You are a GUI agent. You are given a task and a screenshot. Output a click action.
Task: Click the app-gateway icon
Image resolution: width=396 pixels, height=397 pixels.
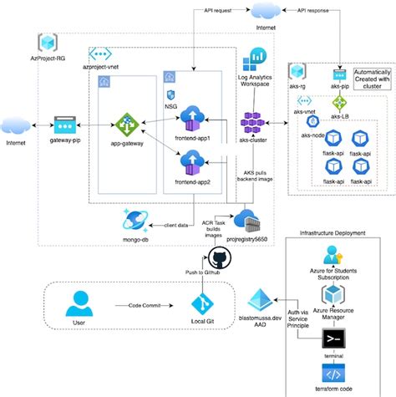coord(129,125)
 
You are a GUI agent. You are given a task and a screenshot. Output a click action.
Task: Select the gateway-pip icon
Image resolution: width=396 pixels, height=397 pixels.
coord(64,125)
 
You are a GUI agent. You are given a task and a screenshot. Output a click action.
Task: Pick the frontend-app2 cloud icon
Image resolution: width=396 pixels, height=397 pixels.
coord(191,159)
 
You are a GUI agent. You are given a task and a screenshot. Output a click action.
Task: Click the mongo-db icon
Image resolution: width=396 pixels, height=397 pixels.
coord(135,219)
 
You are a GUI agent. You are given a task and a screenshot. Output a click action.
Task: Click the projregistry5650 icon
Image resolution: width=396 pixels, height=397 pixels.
coord(248,220)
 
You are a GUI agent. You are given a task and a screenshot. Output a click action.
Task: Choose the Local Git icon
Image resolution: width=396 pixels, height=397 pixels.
coord(201,305)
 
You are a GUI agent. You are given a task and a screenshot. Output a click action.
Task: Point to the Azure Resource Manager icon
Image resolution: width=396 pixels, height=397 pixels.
coord(335,293)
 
